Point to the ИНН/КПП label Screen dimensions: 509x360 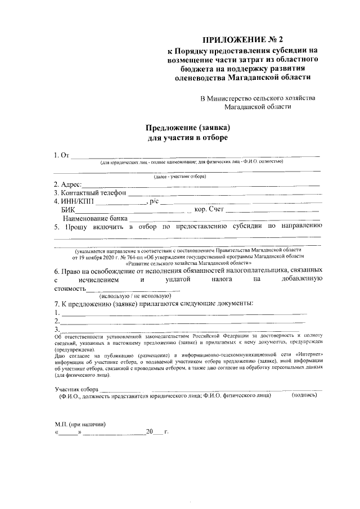76,201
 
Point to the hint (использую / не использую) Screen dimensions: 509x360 134,296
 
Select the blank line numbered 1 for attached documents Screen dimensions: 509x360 183,313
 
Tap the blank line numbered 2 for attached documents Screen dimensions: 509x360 183,322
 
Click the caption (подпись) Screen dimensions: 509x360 304,396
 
